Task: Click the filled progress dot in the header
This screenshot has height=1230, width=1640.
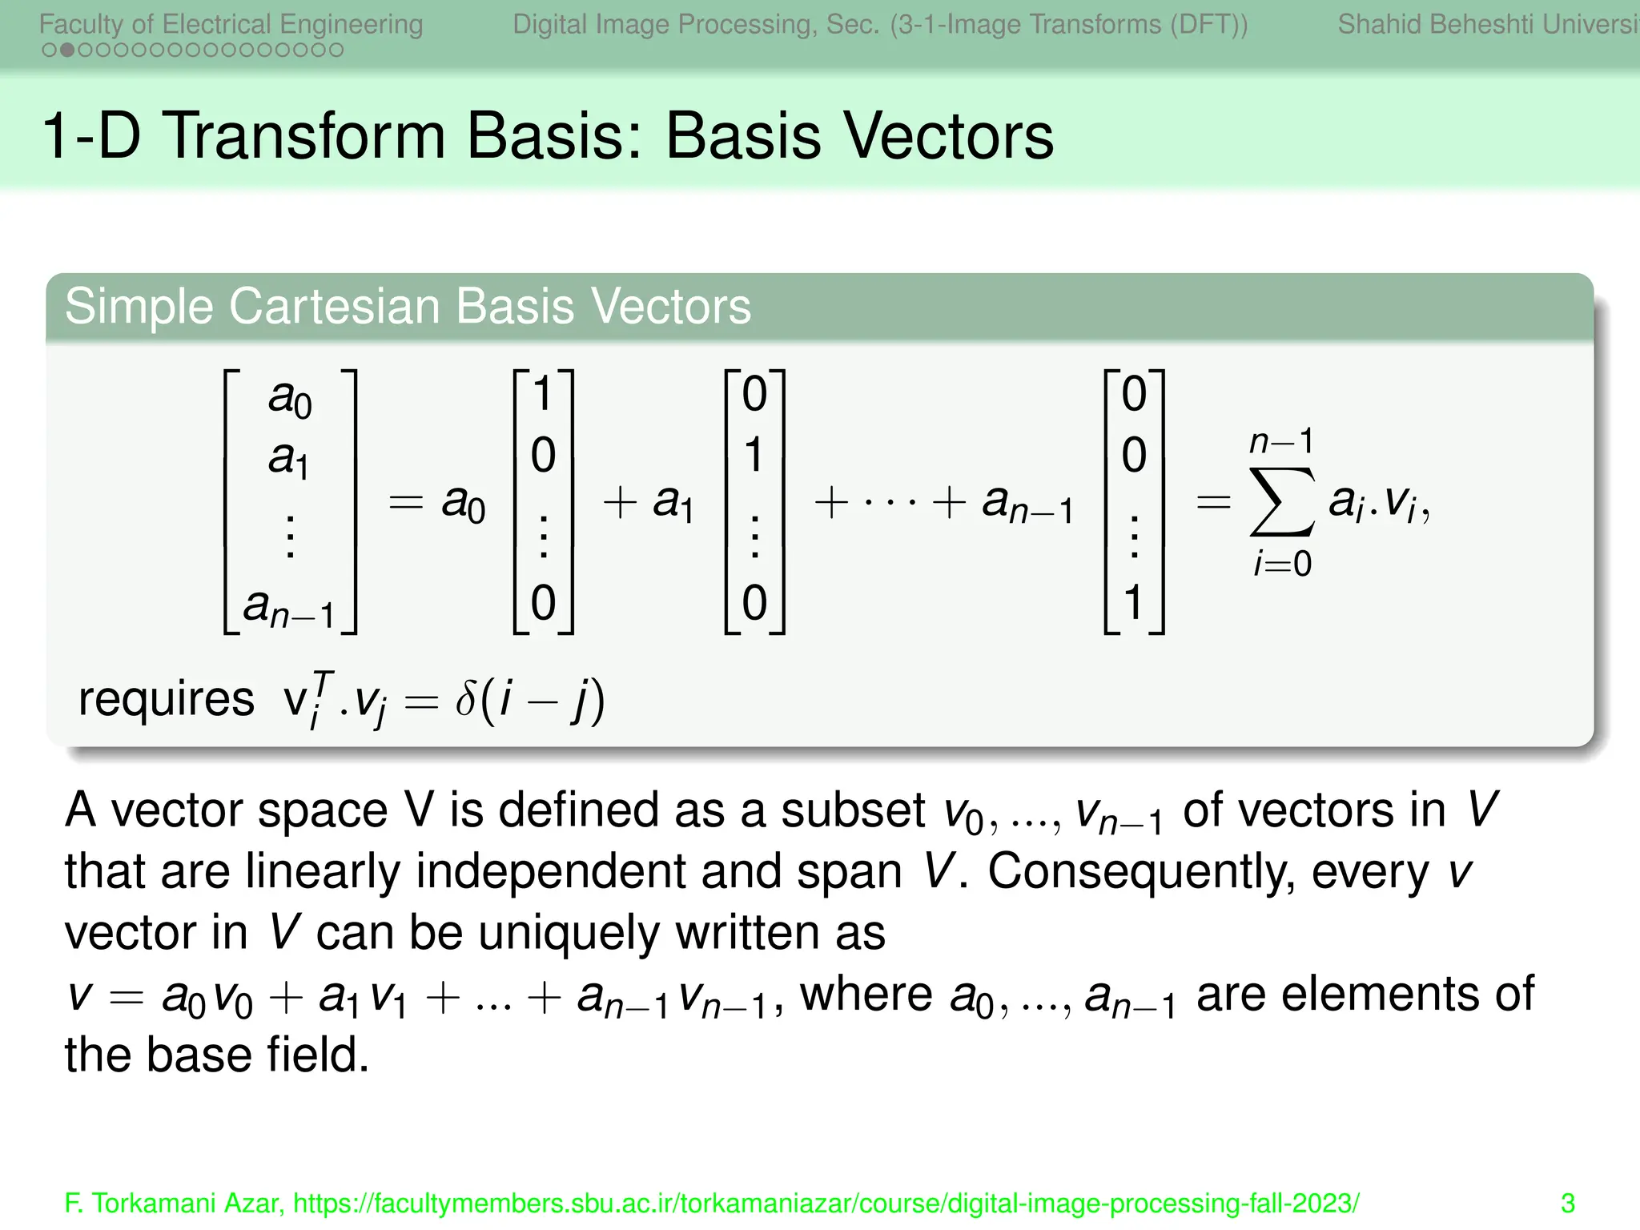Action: click(67, 50)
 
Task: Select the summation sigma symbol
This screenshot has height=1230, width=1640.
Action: click(1281, 502)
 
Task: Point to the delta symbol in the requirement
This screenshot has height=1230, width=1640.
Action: click(466, 699)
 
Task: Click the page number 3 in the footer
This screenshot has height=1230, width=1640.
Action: click(1568, 1204)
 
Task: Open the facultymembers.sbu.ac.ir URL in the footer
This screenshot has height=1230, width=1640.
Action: click(826, 1204)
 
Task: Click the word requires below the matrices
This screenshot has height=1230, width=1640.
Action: click(166, 699)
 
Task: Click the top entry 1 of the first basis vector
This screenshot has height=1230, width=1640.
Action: click(543, 394)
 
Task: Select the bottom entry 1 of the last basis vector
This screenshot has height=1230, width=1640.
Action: click(1133, 602)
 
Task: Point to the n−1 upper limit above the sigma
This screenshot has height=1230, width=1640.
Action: click(1281, 441)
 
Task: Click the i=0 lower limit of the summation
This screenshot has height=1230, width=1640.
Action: click(1281, 565)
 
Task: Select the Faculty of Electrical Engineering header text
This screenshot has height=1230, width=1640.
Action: click(231, 25)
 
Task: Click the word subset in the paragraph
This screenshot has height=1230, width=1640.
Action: click(853, 810)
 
